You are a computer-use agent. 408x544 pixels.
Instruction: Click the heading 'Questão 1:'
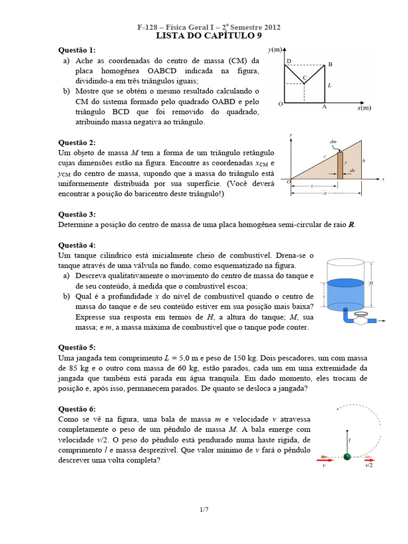[x=76, y=50]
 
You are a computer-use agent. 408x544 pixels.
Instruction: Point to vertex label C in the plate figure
[x=304, y=78]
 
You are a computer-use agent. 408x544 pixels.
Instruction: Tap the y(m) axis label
[x=276, y=49]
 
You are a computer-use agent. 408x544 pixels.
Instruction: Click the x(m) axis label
[x=363, y=107]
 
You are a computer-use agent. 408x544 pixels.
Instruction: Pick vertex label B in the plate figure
[x=330, y=64]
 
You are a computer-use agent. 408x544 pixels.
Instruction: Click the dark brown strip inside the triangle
[x=340, y=165]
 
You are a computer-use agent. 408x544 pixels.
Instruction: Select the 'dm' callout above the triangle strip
[x=333, y=142]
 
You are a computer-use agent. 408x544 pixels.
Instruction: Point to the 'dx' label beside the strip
[x=352, y=171]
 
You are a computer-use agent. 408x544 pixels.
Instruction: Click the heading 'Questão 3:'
[x=76, y=214]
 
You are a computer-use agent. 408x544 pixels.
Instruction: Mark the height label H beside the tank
[x=370, y=284]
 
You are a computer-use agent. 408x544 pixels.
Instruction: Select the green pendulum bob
[x=347, y=456]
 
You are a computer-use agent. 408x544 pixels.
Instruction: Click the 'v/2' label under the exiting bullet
[x=369, y=465]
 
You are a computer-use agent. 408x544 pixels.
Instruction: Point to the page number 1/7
[x=204, y=510]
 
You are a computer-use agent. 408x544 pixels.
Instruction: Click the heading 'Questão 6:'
[x=76, y=409]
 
